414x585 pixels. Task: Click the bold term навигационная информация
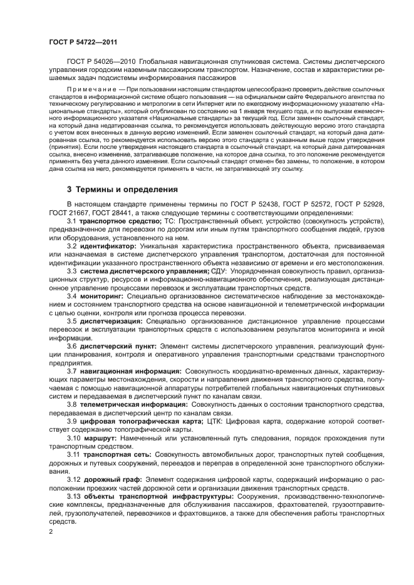pyautogui.click(x=130, y=370)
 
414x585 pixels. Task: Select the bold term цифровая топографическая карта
pyautogui.click(x=138, y=420)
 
